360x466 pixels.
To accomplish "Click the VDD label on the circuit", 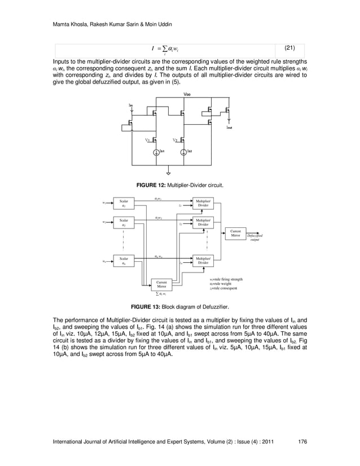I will pos(187,94).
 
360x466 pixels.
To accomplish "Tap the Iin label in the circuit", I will pos(131,105).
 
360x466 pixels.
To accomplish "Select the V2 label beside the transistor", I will pos(175,139).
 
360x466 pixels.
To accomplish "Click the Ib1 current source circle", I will pos(155,152).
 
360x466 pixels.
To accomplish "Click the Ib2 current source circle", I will pos(183,152).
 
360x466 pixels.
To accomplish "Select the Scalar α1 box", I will pos(124,203).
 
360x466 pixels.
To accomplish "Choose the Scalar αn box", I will pos(124,261).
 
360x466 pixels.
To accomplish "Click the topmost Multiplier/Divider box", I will pos(203,203).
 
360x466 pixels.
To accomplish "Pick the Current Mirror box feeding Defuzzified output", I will pos(236,233).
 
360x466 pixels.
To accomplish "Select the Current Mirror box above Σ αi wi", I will pos(161,284).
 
